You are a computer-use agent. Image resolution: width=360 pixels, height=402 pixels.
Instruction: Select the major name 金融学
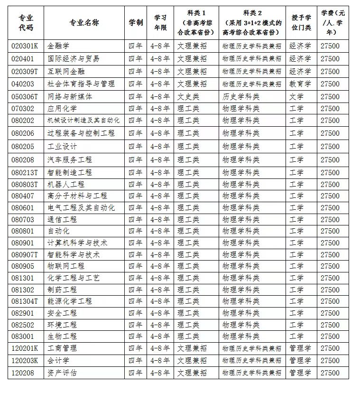click(x=58, y=46)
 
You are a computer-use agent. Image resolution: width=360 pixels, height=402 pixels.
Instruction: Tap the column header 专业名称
click(x=84, y=23)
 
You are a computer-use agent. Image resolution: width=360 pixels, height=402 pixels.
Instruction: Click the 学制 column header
click(x=136, y=23)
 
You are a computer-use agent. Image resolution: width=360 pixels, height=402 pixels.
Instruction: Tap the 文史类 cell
click(x=188, y=96)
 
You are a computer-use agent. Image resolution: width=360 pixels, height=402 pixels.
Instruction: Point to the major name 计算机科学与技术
click(x=78, y=243)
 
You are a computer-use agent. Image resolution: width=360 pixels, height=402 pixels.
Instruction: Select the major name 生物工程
click(x=62, y=337)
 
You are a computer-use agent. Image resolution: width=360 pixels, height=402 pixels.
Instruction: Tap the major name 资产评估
click(x=62, y=373)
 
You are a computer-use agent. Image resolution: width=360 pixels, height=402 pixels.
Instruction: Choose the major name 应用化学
click(x=62, y=109)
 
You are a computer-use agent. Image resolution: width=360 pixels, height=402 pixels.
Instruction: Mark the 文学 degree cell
click(x=296, y=96)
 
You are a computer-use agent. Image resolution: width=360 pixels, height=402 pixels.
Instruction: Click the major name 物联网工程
click(x=66, y=266)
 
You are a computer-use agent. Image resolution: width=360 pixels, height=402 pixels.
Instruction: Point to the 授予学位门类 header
click(x=301, y=23)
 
